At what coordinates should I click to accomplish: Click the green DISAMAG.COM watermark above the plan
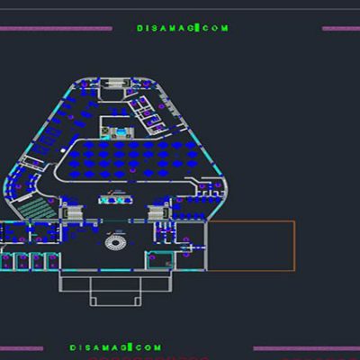pos(183,28)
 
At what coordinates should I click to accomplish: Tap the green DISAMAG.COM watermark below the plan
pos(115,347)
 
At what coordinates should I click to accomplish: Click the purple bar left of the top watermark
pos(56,29)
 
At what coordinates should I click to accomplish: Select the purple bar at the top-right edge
pos(341,29)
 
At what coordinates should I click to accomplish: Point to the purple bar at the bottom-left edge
pos(22,348)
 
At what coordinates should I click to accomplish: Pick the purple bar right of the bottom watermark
pos(307,348)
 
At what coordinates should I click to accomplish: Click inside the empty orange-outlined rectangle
pos(251,246)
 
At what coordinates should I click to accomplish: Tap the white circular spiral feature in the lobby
pos(115,242)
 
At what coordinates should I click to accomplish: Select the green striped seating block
pos(37,207)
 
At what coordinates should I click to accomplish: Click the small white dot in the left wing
pos(63,149)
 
